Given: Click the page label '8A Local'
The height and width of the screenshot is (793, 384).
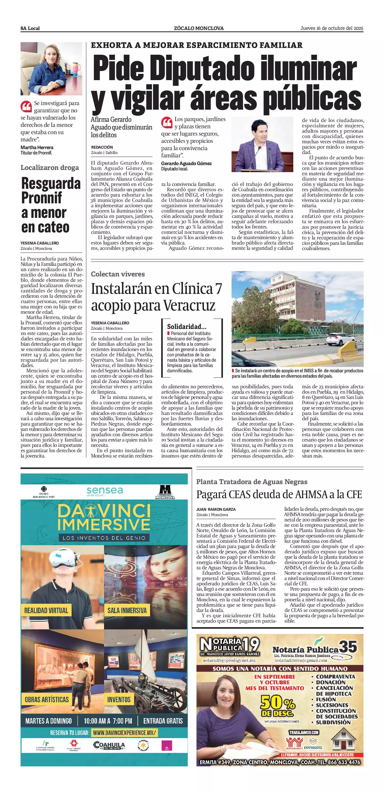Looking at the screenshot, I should point(30,28).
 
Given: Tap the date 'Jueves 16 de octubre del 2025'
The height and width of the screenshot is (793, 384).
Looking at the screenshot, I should point(332,28).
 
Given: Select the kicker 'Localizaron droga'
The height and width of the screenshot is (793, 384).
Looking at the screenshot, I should point(50,168).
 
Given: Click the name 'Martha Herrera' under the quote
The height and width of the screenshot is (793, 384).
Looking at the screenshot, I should point(37,147).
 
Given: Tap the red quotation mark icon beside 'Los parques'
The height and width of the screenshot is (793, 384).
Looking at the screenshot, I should point(167,122).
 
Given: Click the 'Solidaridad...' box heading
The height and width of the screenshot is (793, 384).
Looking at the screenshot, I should point(187,327).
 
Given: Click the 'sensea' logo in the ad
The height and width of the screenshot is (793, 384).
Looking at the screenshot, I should point(105,491).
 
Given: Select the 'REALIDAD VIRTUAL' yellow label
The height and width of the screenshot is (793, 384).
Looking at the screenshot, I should point(46,610).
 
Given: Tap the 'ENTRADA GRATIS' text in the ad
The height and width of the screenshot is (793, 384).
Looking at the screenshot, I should point(163,721).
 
